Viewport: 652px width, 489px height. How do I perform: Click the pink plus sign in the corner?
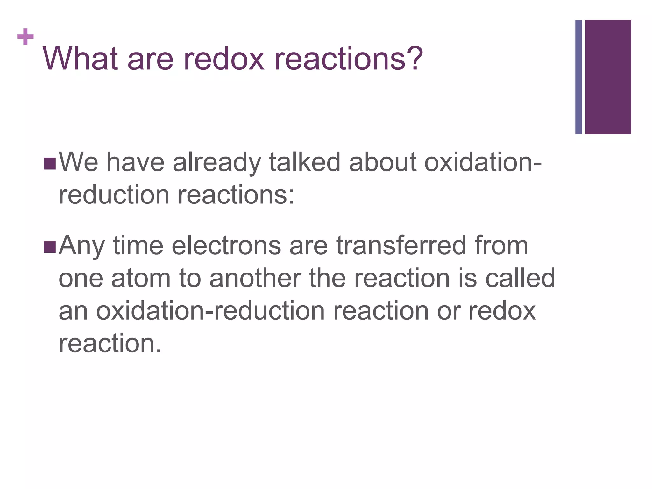[x=25, y=37]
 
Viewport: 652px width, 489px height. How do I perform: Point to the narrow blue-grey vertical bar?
[x=578, y=77]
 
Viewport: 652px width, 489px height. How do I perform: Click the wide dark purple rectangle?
[x=608, y=77]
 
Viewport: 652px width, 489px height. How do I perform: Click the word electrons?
[x=226, y=246]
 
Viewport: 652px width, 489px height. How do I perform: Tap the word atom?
[x=141, y=279]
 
